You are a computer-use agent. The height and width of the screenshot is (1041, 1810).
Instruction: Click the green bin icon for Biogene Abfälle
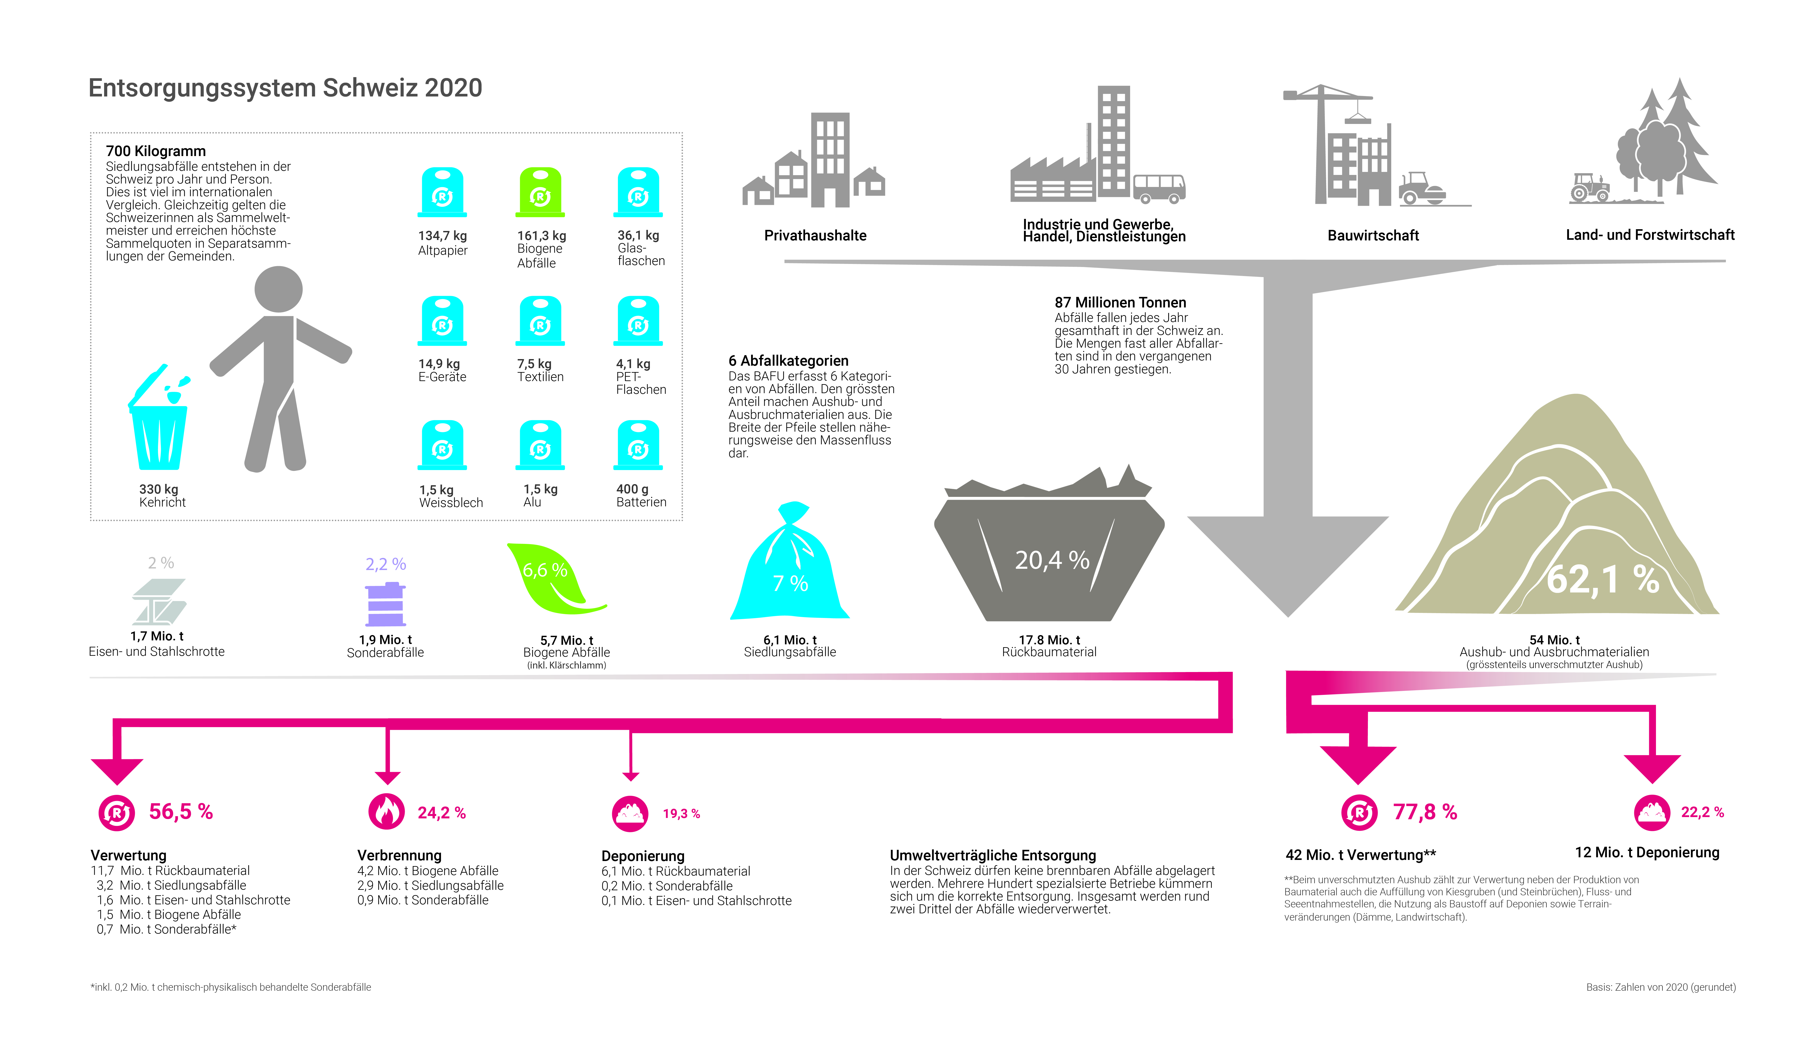[x=540, y=192]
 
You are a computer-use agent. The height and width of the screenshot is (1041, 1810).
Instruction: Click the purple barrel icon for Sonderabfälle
[x=385, y=605]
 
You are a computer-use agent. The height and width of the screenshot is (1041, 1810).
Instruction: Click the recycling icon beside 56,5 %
[x=116, y=812]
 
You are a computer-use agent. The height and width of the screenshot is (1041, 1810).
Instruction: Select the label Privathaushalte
[x=815, y=235]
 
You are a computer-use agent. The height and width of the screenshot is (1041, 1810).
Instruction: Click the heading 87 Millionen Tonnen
[x=1119, y=302]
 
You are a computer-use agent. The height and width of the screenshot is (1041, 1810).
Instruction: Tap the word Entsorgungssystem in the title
[x=202, y=88]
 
